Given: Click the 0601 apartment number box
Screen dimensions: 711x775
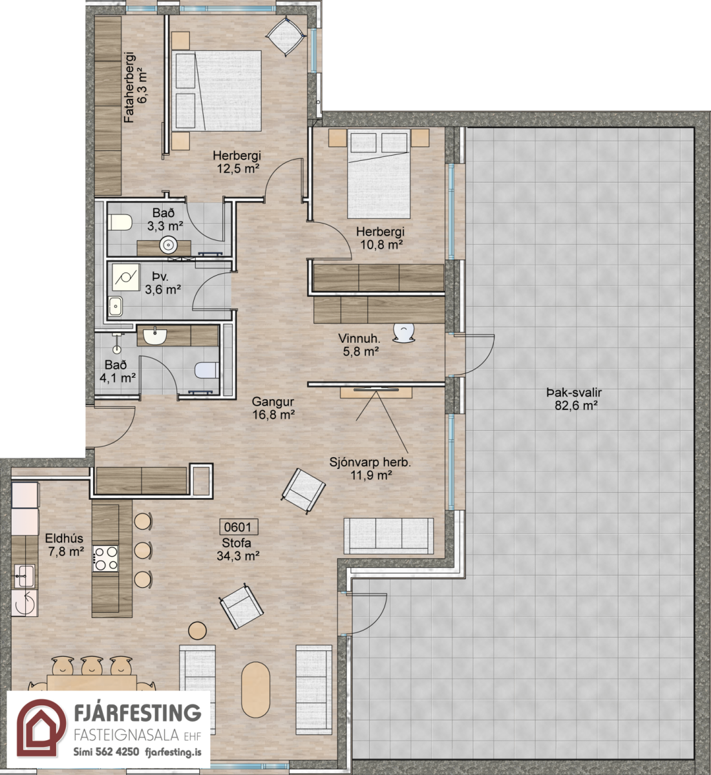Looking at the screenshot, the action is click(x=239, y=526).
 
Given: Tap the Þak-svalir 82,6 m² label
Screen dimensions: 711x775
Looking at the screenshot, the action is click(x=574, y=399).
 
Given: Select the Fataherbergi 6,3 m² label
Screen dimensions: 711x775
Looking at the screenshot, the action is click(x=136, y=87).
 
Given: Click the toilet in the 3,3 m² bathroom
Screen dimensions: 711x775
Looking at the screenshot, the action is click(x=120, y=223).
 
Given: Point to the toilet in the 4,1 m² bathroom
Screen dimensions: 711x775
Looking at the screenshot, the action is click(x=207, y=369).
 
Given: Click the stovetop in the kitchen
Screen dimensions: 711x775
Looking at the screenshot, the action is click(x=105, y=558).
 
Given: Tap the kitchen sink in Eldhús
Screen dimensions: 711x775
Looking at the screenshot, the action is click(x=25, y=576).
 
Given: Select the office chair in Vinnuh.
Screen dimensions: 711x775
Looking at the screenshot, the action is click(x=404, y=332).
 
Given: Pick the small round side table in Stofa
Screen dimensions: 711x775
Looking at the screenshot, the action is click(x=198, y=630).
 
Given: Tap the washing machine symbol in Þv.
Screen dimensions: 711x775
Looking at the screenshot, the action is click(x=126, y=278).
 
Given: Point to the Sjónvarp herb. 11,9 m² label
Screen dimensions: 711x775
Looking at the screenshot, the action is click(x=370, y=468).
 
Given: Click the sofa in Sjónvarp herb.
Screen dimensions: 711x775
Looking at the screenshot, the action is click(x=388, y=537).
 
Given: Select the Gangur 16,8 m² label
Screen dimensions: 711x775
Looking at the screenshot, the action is click(x=273, y=408).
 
